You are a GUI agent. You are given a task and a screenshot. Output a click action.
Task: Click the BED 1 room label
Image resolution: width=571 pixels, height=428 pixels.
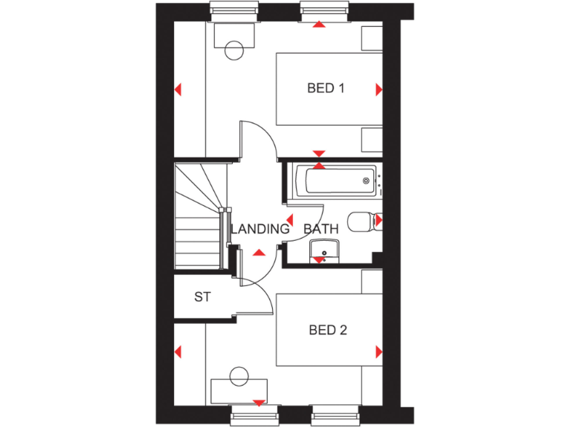(326, 88)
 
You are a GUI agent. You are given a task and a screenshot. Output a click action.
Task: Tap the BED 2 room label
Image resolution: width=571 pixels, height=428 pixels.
(328, 330)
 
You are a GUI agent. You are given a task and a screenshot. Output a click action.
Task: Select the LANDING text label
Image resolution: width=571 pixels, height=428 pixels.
(259, 229)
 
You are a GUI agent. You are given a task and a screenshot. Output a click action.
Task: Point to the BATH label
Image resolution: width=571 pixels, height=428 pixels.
(320, 229)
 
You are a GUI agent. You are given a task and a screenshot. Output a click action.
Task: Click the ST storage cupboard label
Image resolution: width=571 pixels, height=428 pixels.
(202, 297)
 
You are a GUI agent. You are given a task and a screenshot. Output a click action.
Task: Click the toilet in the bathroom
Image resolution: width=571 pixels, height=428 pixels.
(363, 221)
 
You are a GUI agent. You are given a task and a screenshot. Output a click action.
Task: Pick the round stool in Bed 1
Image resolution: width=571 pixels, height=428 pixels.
(233, 50)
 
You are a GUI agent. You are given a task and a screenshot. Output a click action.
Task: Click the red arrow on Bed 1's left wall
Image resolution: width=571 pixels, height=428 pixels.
(178, 90)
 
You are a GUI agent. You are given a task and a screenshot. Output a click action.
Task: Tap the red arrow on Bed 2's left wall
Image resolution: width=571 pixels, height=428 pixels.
(178, 351)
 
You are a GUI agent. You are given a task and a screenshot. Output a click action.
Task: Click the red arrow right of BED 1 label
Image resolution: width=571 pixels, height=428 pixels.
(379, 90)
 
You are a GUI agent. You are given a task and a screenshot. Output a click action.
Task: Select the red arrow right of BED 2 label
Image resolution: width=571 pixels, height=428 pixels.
(379, 351)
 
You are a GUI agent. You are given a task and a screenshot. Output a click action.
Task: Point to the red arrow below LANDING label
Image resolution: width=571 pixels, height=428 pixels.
(259, 254)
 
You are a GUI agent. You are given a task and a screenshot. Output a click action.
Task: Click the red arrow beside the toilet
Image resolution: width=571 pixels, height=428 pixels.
(378, 220)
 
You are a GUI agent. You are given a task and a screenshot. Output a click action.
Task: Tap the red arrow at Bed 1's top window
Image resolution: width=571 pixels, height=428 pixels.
(318, 25)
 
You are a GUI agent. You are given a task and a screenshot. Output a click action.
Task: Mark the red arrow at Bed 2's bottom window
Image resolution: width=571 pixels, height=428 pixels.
(259, 403)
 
